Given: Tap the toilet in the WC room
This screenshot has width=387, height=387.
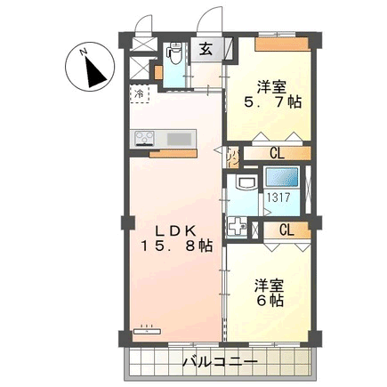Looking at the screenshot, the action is tap(174, 54).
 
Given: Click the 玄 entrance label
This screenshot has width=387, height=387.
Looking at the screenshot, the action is tap(206, 50).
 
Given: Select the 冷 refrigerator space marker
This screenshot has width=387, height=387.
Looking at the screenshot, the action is tap(140, 94).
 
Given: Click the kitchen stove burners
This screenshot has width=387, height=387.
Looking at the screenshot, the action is tap(144, 139).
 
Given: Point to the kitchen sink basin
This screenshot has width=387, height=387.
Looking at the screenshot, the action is tap(179, 139).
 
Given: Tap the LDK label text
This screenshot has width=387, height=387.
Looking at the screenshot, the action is tap(176, 231).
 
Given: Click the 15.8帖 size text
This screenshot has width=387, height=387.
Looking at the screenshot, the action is tap(176, 246).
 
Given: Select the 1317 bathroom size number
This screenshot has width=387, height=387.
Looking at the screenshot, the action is tap(279, 198).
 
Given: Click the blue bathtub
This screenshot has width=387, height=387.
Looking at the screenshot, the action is tap(282, 177).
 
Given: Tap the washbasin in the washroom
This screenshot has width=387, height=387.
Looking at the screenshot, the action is tap(246, 182).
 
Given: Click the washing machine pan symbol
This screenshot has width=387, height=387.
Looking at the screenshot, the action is tap(237, 227).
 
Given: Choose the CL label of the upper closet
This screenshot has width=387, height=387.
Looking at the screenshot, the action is tap(277, 153).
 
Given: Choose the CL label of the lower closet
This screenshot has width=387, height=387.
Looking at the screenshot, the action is tap(286, 230).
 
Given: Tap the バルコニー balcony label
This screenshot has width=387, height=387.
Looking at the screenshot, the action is tap(220, 362).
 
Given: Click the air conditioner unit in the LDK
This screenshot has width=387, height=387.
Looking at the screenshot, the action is tap(147, 330).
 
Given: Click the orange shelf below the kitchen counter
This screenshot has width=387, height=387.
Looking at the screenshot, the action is tap(173, 153).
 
